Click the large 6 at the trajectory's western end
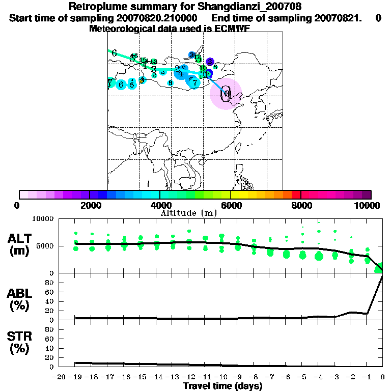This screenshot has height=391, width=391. tap(114, 53)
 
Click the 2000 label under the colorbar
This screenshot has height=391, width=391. tap(89, 206)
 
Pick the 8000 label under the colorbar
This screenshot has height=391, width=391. tap(300, 206)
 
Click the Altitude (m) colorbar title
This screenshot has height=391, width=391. tap(188, 212)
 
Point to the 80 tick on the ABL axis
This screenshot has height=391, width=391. tap(50, 292)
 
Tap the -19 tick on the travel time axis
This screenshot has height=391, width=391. tap(76, 377)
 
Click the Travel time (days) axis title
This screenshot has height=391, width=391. tap(222, 386)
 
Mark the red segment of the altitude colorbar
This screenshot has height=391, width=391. tap(296, 194)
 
